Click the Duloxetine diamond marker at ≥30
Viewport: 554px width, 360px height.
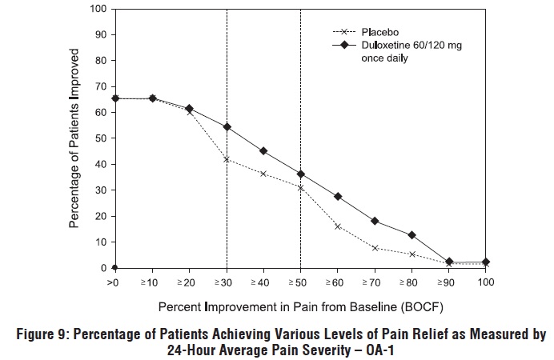tap(227, 126)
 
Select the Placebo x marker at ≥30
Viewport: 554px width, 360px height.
tap(227, 159)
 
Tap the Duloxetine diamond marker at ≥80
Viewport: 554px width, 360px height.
tap(411, 235)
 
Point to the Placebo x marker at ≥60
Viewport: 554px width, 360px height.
tap(338, 226)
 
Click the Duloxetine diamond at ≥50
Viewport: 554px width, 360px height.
tap(301, 174)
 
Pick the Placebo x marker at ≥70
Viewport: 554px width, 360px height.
tap(375, 248)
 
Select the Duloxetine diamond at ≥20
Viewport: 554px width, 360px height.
tap(190, 108)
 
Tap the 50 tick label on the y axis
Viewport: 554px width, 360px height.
tap(102, 138)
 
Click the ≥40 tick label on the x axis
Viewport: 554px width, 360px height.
tap(263, 283)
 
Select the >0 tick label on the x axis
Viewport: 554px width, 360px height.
tap(115, 283)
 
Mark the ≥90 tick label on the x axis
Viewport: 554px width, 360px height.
tap(448, 283)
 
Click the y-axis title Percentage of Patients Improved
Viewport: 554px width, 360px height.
tap(74, 138)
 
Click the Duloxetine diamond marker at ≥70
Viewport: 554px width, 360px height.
tap(375, 222)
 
